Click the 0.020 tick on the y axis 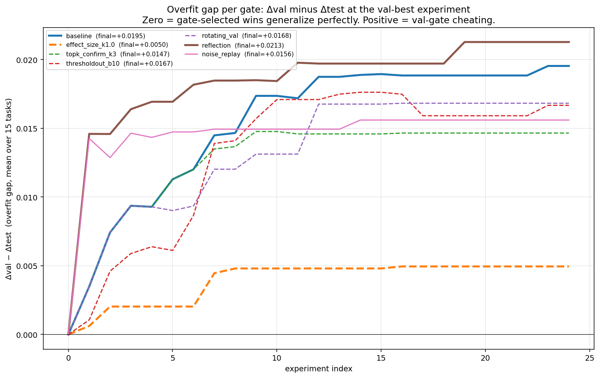(x=30, y=60)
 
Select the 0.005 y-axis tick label (x=30, y=266)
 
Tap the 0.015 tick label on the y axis (x=30, y=129)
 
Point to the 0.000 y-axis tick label (x=30, y=335)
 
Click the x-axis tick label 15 (x=381, y=358)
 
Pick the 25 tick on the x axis (x=589, y=358)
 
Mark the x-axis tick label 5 (x=172, y=358)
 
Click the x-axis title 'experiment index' (x=319, y=369)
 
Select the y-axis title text (x=9, y=189)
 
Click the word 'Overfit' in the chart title (x=181, y=9)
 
